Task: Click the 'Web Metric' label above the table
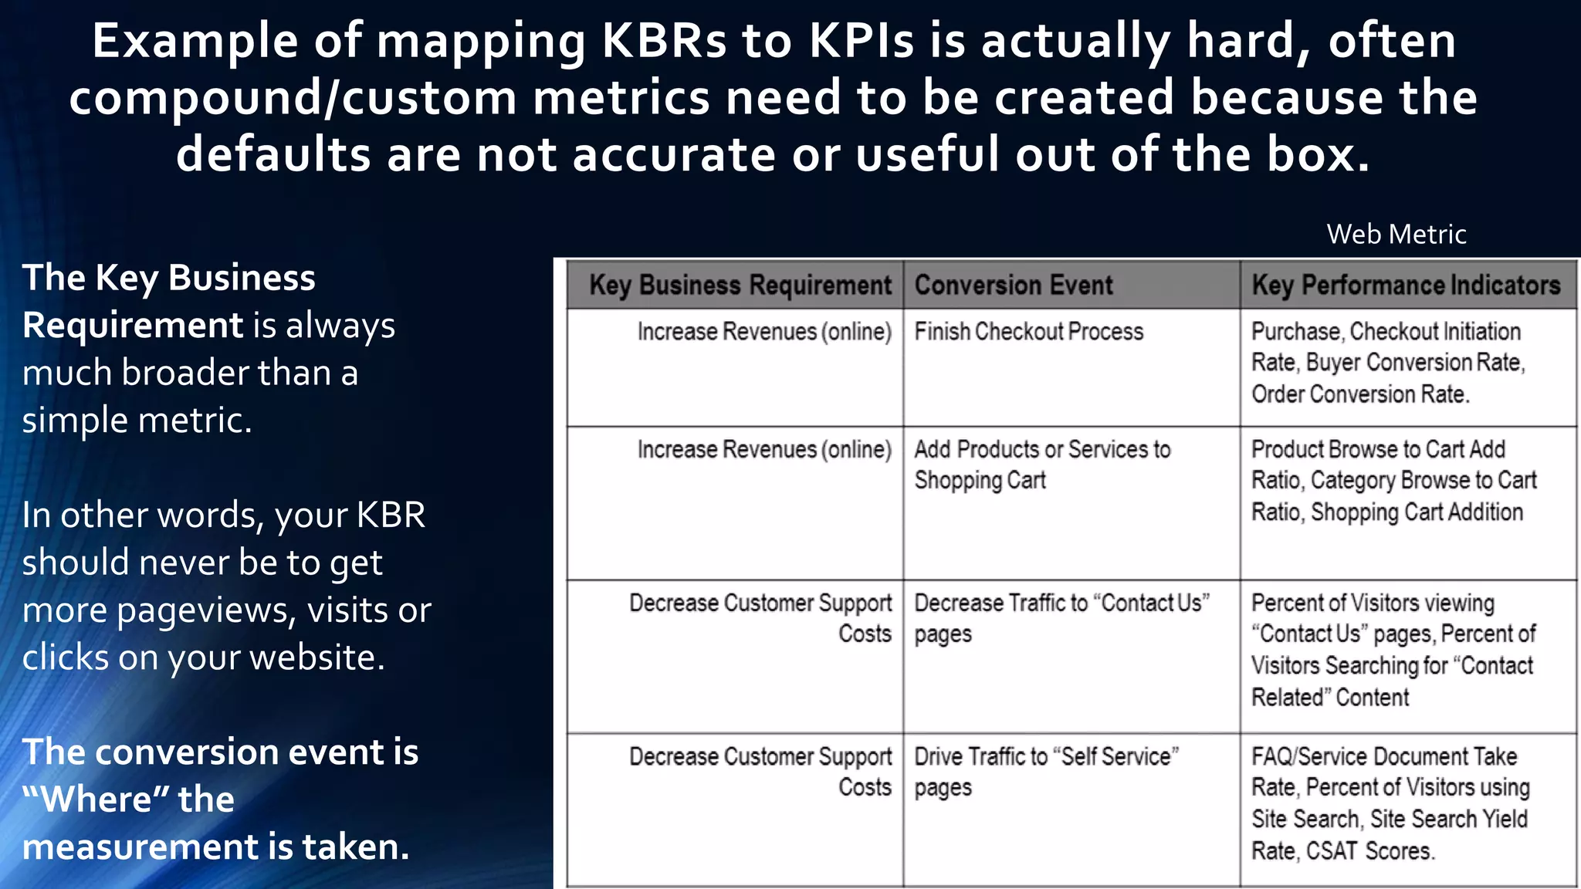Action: (x=1396, y=234)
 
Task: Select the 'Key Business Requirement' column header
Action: (x=740, y=286)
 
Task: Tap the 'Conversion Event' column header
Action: (x=1013, y=286)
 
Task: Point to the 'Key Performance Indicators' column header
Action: (x=1406, y=286)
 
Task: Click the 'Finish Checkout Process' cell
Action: (x=1028, y=332)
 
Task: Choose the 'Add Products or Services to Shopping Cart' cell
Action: (x=1041, y=465)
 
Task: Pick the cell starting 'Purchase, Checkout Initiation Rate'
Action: (x=1387, y=363)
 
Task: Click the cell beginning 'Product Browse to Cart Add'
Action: (x=1393, y=480)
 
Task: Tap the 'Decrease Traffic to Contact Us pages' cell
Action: (x=1061, y=618)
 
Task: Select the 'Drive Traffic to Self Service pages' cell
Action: (x=1046, y=772)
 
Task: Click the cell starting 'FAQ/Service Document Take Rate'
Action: (x=1390, y=803)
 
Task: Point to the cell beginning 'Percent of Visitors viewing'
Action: (x=1393, y=650)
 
